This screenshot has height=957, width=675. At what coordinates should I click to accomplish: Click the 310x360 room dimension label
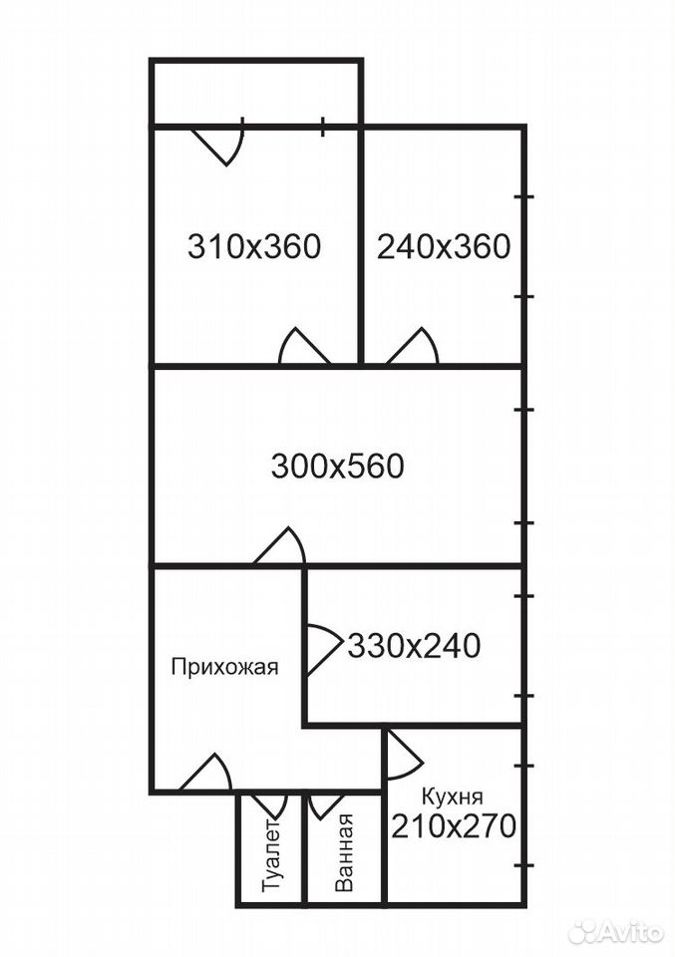254,247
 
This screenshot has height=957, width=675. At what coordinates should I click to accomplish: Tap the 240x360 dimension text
444,247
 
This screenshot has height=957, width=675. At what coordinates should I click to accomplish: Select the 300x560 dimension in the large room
337,467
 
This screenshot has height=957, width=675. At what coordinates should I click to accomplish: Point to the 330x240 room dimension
415,646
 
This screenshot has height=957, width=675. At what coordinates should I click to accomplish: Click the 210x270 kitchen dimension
454,827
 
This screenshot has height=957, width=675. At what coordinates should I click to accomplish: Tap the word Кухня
453,797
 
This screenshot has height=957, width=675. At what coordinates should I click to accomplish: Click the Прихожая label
224,667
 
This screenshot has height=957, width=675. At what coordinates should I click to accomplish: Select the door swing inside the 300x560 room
279,546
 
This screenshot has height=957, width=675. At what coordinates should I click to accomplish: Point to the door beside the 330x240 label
323,650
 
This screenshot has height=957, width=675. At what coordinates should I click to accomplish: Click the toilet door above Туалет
268,805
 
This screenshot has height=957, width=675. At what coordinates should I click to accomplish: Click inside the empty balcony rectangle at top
256,93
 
